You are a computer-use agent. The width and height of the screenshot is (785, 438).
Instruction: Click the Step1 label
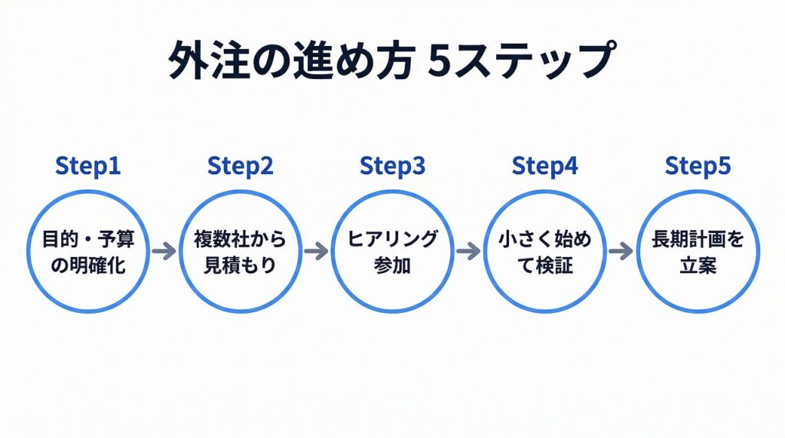coord(88,166)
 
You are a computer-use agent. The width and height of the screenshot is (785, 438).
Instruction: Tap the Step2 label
coord(240,166)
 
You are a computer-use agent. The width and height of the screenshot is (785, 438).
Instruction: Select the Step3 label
coord(392,166)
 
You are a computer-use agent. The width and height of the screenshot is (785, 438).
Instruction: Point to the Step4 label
coord(545,166)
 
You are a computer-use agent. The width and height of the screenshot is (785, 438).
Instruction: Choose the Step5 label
coord(698,166)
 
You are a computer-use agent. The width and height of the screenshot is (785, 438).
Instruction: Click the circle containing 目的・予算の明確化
coord(88,251)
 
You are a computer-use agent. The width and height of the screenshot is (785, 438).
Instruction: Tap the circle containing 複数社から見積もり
coord(240,251)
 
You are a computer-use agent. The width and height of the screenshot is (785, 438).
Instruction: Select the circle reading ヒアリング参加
coord(392,251)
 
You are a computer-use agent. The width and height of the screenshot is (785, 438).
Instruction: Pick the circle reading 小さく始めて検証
coord(545,251)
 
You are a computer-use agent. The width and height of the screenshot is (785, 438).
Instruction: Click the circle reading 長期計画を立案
coord(698,251)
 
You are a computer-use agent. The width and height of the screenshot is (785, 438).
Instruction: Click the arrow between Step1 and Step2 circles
coord(164,251)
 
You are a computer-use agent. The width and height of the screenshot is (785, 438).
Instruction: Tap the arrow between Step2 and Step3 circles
coord(316,251)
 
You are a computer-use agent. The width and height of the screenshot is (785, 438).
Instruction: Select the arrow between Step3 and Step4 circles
coord(468,251)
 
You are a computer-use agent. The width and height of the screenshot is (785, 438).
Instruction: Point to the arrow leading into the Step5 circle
coord(621,251)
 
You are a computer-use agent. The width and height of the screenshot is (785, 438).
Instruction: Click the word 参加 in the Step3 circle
coord(392,264)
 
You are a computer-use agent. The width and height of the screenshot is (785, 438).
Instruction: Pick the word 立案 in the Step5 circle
coord(698,264)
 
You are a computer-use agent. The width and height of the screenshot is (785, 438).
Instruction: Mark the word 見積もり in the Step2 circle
coord(240,264)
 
